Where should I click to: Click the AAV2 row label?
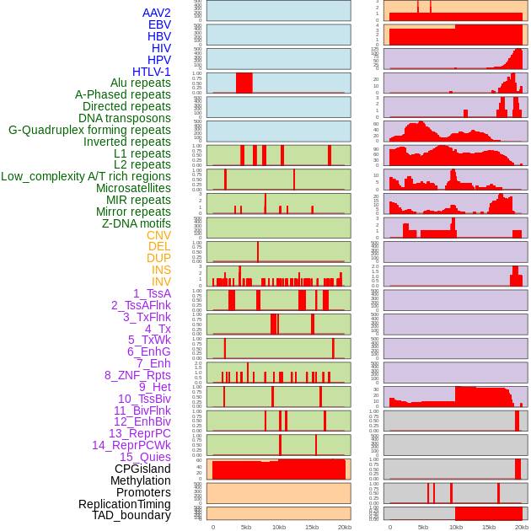[156, 13]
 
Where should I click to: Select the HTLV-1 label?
[151, 72]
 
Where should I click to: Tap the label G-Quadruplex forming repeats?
[89, 130]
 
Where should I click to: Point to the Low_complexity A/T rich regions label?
[86, 176]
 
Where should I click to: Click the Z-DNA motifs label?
[136, 223]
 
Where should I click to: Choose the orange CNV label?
[158, 235]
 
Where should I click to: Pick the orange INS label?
[161, 270]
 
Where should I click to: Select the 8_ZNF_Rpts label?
[137, 375]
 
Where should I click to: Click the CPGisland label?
[142, 469]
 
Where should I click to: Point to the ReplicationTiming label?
[125, 504]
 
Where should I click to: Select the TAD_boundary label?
[131, 515]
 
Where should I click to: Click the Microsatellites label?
[133, 188]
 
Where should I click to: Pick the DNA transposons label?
[125, 118]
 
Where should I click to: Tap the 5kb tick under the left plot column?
[245, 527]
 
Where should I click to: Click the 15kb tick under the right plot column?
[489, 527]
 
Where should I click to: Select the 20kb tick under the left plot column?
[344, 527]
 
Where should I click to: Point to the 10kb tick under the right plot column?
[456, 527]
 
